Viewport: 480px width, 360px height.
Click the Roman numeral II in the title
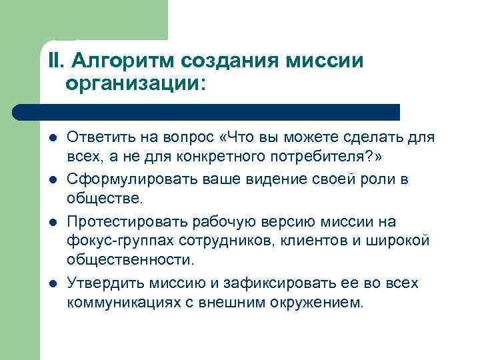[55, 61]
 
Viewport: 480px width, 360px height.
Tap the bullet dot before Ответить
[53, 139]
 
